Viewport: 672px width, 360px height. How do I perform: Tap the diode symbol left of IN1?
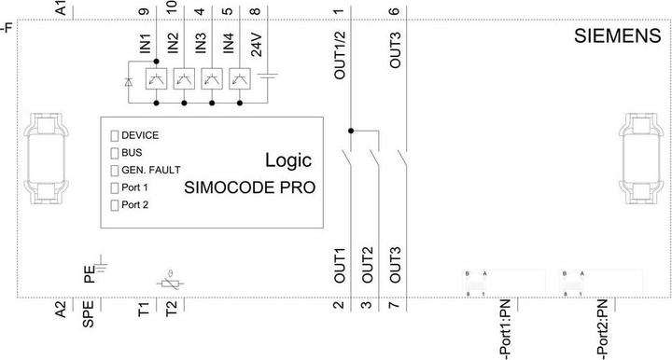(129, 81)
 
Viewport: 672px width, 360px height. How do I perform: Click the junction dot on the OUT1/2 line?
(351, 131)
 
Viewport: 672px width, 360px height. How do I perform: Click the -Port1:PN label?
(505, 329)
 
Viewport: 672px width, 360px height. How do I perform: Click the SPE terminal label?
(89, 314)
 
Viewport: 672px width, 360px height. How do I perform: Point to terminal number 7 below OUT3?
(396, 304)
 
